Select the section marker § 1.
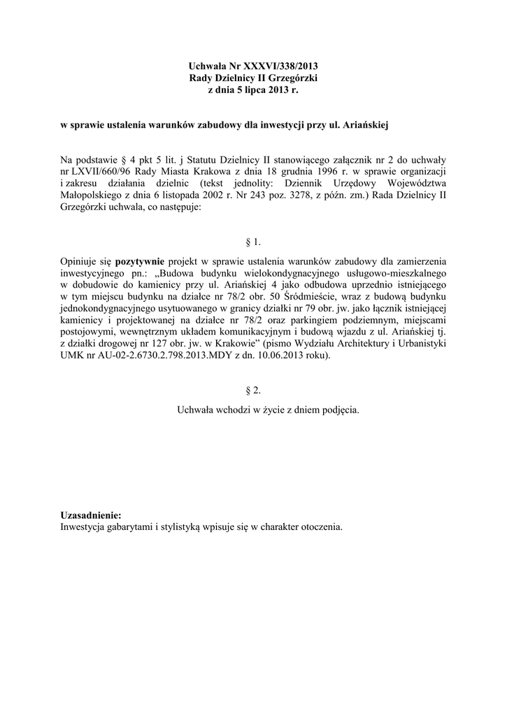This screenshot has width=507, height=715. click(254, 242)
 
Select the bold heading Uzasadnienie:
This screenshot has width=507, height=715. click(91, 515)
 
